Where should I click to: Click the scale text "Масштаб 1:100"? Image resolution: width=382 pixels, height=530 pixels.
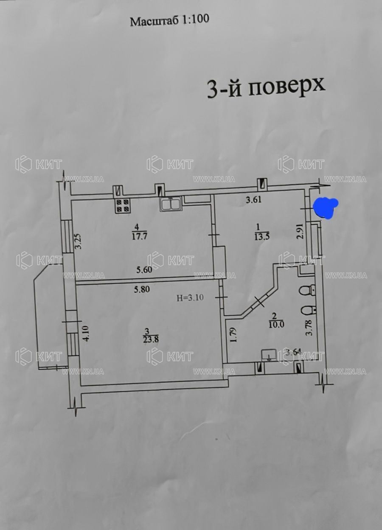click(169, 21)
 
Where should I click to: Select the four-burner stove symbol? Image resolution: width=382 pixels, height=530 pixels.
click(123, 205)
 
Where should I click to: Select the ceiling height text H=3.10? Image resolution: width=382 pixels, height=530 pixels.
click(190, 297)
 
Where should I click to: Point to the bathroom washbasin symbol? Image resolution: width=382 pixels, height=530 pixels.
click(268, 355)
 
